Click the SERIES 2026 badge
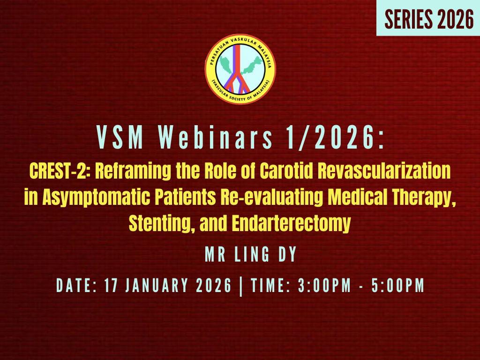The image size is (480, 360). [x=428, y=18]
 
